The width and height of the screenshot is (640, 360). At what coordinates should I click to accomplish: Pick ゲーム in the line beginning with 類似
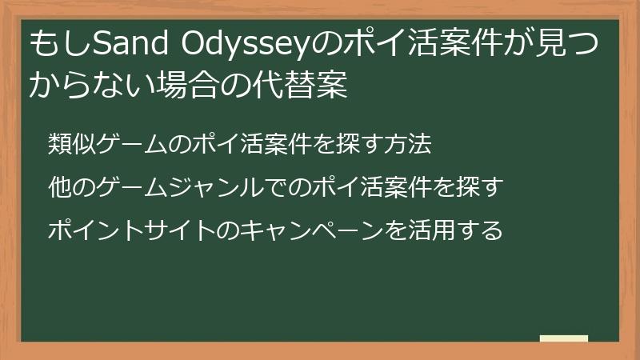[130, 144]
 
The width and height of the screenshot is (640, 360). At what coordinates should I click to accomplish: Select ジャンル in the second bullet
[218, 187]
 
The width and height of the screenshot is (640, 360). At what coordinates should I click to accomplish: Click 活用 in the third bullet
[431, 230]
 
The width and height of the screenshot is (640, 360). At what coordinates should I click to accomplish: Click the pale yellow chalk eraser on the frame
[564, 338]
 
